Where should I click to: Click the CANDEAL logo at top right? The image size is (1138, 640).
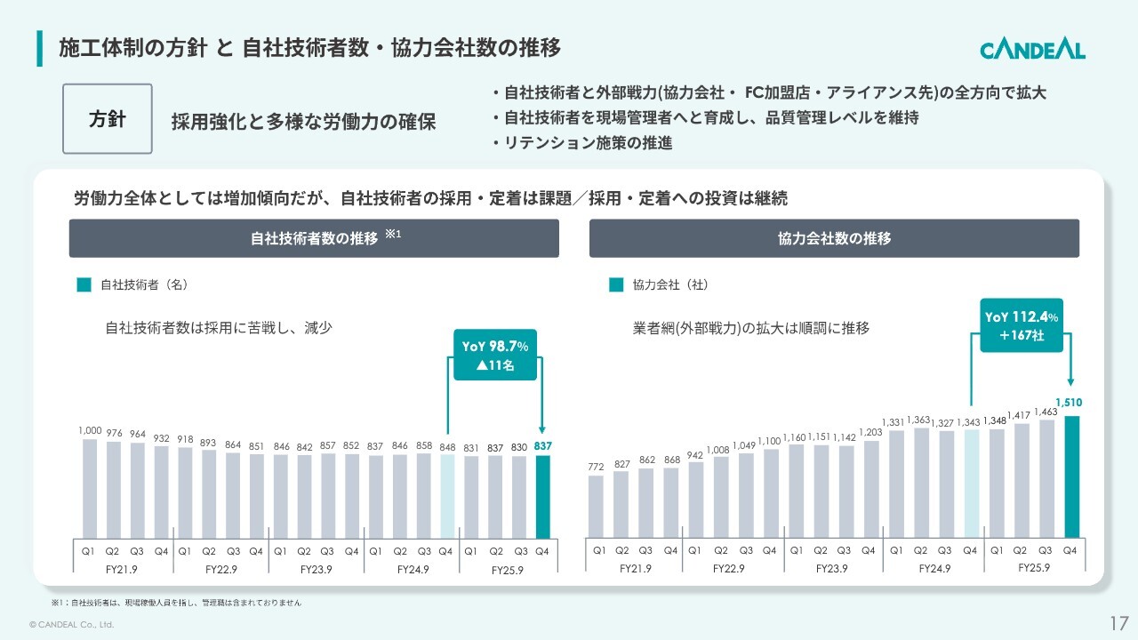coord(1032,50)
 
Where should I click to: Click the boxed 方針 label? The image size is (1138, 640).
coord(107,119)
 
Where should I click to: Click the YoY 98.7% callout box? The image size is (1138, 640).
coord(494,356)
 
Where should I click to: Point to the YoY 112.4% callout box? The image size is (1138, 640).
coord(1022,325)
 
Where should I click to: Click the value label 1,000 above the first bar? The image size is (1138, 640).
coord(90,431)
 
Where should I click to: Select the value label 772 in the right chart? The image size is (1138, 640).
coord(596,467)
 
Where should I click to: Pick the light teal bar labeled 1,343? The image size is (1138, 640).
coord(972,484)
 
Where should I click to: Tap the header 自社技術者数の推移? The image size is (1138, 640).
coord(314,238)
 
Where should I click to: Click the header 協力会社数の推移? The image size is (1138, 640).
coord(834,238)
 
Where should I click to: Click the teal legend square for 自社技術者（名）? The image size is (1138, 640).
coord(84,285)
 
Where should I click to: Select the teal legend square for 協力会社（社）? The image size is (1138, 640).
coord(616,285)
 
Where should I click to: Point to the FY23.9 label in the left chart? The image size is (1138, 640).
coord(316,570)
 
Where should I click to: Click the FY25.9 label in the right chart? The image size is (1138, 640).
coord(1034,568)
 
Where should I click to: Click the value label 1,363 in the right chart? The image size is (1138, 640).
coord(921,420)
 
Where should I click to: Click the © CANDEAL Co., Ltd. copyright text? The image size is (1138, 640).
coord(72,625)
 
